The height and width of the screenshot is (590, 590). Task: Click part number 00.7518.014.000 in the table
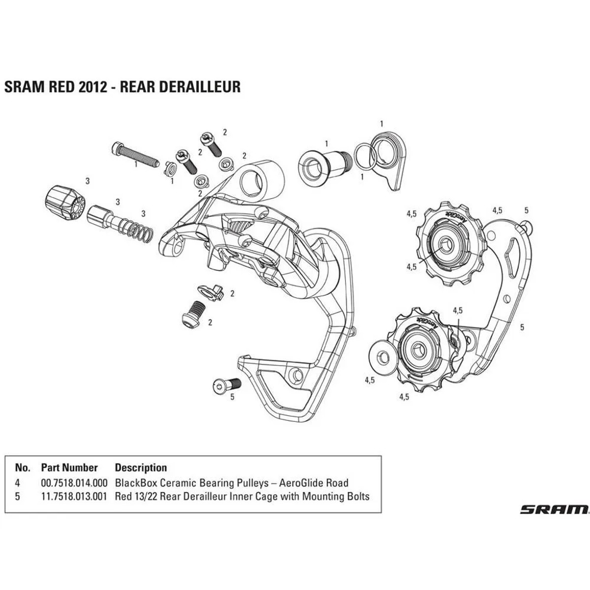(74, 483)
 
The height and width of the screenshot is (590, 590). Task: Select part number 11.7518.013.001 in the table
(74, 496)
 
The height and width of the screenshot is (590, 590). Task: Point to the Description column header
(141, 468)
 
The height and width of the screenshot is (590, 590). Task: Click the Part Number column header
(69, 468)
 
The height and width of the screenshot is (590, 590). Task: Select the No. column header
(23, 468)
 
